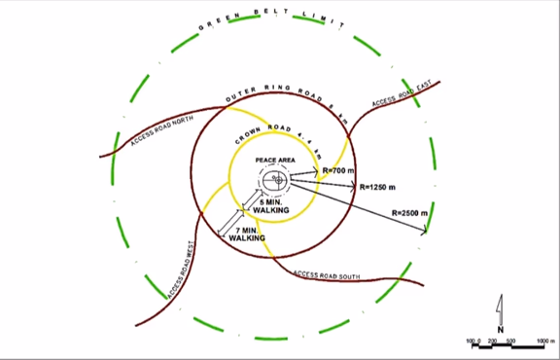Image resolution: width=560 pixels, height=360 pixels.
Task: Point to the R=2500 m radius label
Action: tap(411, 211)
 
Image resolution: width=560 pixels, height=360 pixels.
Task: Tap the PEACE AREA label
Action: tap(275, 159)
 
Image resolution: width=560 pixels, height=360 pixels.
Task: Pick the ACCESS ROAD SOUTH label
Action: tap(327, 276)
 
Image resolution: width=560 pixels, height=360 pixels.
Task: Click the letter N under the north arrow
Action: tap(501, 329)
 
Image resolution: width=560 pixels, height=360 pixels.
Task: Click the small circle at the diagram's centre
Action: tap(276, 180)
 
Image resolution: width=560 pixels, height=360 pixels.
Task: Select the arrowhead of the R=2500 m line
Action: tap(425, 232)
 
